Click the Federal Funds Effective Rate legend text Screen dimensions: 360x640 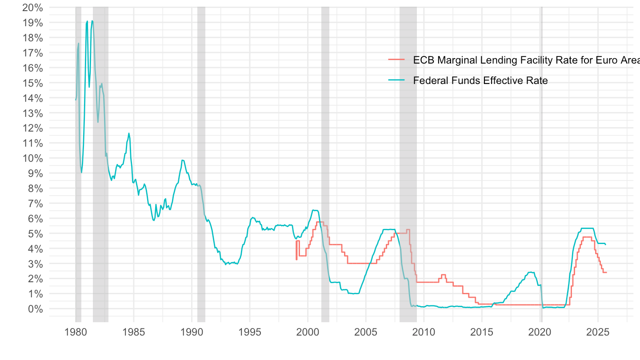pyautogui.click(x=480, y=80)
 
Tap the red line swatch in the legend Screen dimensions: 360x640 pyautogui.click(x=396, y=59)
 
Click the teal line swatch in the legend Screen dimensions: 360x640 pyautogui.click(x=396, y=80)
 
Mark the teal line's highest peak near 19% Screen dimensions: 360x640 pyautogui.click(x=92, y=21)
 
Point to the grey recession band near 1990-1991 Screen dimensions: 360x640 pyautogui.click(x=201, y=133)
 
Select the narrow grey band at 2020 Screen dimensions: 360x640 pyautogui.click(x=541, y=178)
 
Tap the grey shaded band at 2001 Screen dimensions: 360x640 pyautogui.click(x=325, y=133)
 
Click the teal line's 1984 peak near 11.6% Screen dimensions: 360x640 pyautogui.click(x=129, y=133)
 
